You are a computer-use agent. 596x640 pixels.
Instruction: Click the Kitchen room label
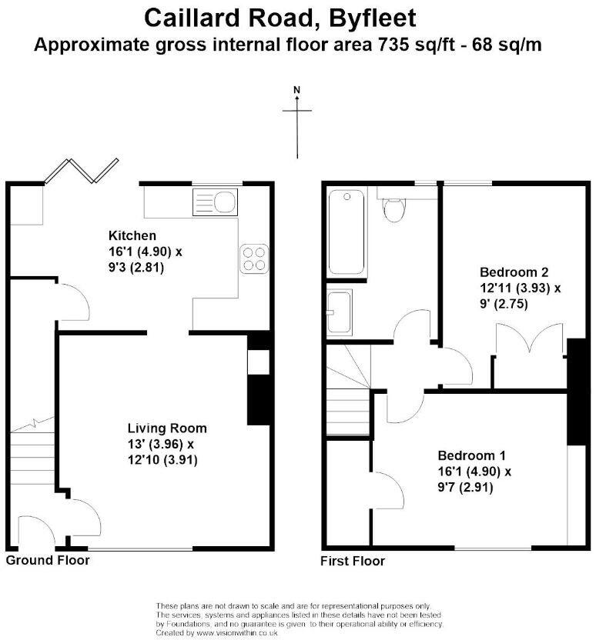[x=132, y=235]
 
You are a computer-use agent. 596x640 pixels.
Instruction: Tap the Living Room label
[x=166, y=428]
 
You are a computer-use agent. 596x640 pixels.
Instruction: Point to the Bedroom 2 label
[x=514, y=272]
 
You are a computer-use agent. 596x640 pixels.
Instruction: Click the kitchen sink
[x=216, y=203]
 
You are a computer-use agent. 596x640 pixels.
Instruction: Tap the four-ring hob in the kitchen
[x=256, y=258]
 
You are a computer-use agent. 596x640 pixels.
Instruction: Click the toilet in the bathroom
[x=394, y=208]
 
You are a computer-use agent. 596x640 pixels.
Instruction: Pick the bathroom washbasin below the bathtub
[x=339, y=312]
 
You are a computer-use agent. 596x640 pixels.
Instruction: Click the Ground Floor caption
[x=48, y=560]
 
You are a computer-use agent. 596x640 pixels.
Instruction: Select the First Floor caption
[x=353, y=561]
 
